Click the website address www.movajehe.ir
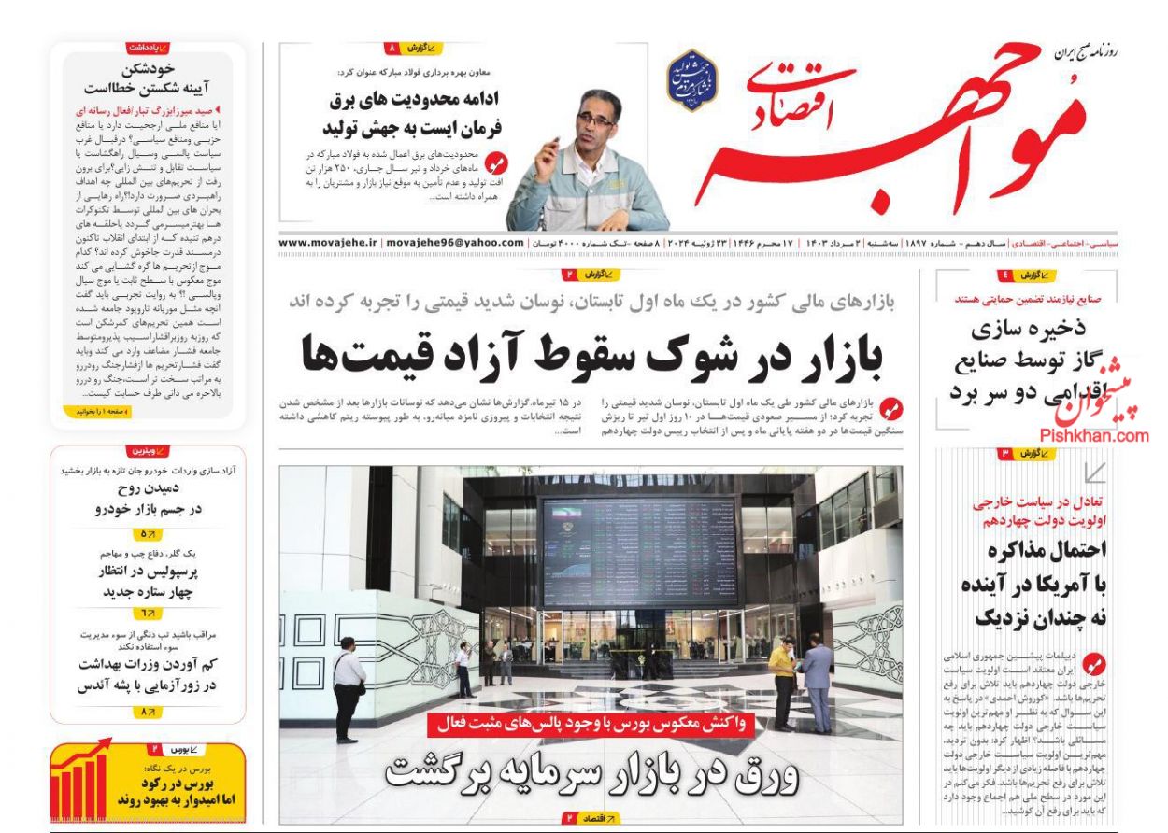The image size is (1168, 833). point(328,242)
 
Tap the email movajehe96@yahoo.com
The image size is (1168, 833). point(455,242)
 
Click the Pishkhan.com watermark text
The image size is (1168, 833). point(1093,435)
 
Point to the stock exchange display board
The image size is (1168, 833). point(640,550)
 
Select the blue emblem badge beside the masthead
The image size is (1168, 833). point(691,80)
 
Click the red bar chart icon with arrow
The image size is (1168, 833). point(79,783)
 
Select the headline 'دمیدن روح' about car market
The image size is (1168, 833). point(148,487)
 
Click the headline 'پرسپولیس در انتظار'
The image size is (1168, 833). point(149,572)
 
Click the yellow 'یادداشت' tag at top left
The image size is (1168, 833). point(148,47)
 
